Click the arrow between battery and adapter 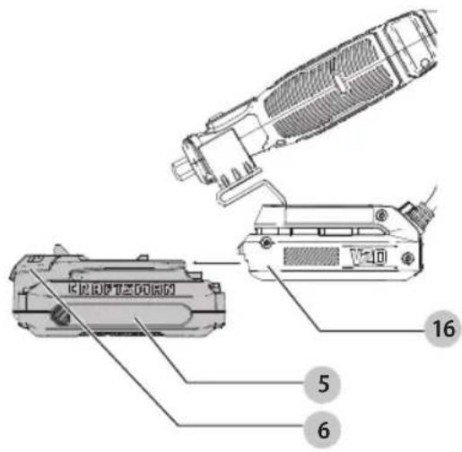click(x=215, y=263)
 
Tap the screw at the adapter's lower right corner click(x=408, y=259)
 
